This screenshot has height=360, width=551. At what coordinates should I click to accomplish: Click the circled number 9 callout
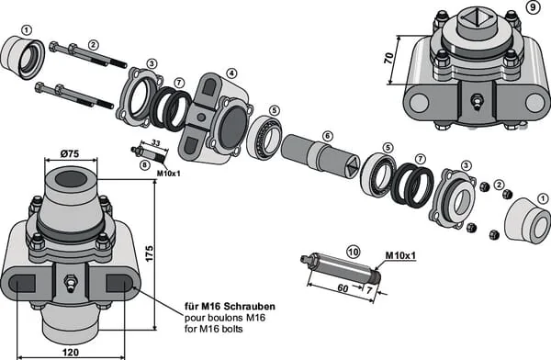[533, 7]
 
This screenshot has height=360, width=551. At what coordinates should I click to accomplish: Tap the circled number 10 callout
[353, 252]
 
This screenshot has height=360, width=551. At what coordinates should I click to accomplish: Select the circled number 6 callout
[327, 136]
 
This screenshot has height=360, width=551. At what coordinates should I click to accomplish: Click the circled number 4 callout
[231, 73]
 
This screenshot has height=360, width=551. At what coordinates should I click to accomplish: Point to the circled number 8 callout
[144, 165]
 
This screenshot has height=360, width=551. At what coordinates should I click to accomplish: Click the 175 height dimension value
[150, 253]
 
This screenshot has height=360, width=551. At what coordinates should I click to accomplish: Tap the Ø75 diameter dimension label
[70, 153]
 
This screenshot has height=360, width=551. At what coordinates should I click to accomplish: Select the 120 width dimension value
[71, 352]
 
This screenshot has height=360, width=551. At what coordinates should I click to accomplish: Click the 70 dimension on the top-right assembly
[388, 58]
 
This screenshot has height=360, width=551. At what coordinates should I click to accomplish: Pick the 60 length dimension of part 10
[343, 288]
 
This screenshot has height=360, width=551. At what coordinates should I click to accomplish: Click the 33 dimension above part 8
[156, 142]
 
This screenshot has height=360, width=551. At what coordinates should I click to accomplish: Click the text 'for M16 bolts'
[214, 329]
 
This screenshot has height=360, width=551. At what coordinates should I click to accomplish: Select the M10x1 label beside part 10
[400, 255]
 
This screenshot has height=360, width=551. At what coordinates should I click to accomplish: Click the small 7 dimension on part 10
[369, 290]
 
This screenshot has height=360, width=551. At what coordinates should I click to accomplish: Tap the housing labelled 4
[214, 118]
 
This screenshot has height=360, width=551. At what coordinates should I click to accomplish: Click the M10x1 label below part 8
[168, 173]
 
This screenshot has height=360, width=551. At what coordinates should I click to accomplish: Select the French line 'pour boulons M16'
[225, 318]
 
